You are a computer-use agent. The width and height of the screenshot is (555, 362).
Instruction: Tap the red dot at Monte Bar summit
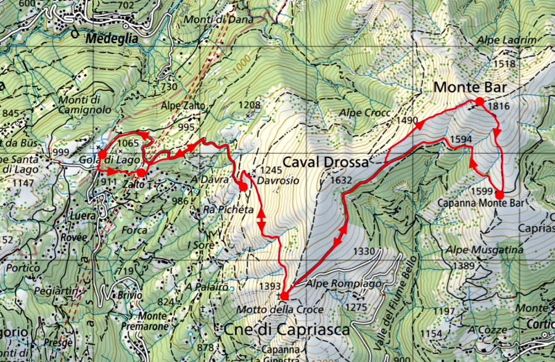tap(479, 101)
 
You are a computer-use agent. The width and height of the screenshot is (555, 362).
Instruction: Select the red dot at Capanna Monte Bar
tap(499, 195)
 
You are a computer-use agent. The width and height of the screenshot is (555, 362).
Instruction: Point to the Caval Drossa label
tap(325, 163)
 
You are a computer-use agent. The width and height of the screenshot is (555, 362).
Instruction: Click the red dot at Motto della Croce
tap(284, 296)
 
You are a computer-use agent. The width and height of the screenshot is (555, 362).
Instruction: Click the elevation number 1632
tap(341, 180)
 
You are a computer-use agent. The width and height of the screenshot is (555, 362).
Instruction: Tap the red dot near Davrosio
tap(243, 187)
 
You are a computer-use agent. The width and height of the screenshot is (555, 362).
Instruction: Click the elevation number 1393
tap(271, 287)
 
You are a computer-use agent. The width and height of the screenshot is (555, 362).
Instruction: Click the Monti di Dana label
tap(210, 19)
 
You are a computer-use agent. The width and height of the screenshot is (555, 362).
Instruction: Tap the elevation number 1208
tap(249, 105)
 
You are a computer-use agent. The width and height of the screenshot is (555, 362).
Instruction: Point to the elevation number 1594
tap(461, 140)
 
